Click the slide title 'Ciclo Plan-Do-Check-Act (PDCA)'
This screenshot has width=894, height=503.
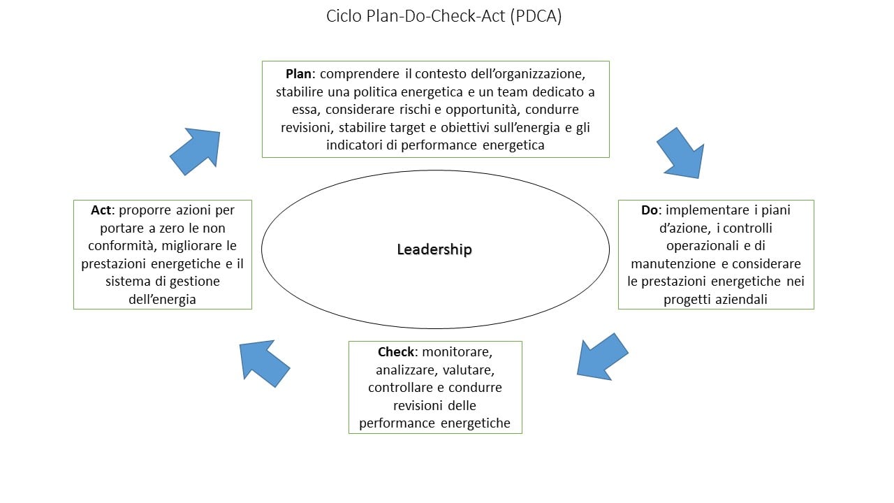coord(444,17)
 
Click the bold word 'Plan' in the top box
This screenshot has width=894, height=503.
coord(298,73)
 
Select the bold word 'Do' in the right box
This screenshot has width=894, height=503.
coord(649,210)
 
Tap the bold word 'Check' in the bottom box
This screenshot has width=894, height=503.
coord(396,351)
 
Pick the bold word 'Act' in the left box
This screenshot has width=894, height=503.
coord(101,210)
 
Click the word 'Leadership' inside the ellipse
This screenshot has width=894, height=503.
coord(434,249)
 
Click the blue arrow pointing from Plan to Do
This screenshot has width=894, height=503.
coord(680,152)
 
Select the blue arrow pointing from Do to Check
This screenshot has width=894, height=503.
coord(602,357)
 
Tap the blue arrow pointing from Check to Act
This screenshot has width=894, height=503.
coord(263,363)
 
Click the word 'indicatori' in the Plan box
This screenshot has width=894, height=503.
coord(355,145)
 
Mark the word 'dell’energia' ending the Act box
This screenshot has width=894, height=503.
coord(161,300)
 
